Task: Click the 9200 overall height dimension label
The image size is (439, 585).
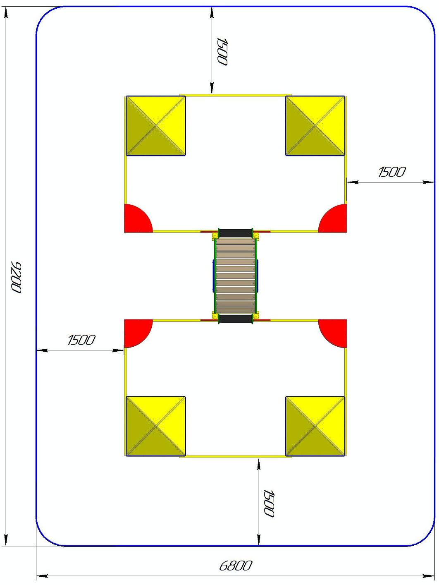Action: point(16,278)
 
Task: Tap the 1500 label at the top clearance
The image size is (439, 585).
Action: point(222,52)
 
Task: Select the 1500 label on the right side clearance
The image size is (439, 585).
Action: point(392,172)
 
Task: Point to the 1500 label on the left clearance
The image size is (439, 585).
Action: point(81,340)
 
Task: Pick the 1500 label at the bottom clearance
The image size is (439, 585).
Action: point(268,503)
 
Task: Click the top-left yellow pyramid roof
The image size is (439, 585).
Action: point(156,125)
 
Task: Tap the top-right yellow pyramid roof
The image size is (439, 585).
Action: point(315,125)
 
